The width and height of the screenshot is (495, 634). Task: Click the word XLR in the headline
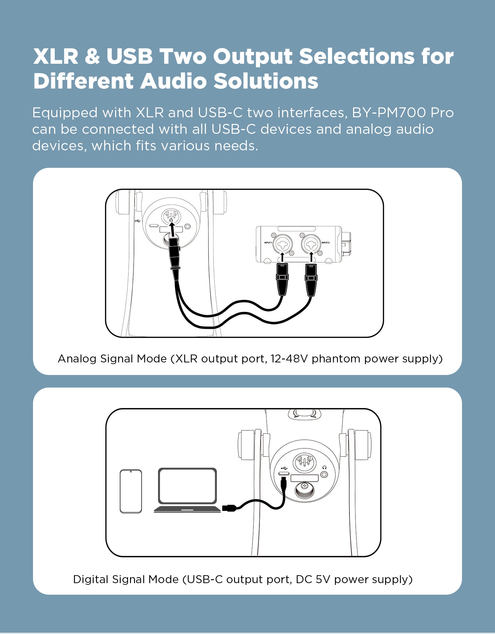coord(56,56)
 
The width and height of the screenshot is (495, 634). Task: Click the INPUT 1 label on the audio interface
coord(268,242)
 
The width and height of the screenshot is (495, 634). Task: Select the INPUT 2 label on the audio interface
coord(325,242)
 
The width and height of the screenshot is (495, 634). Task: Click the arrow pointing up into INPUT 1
coord(282,257)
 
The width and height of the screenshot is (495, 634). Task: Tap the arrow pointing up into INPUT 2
coord(311,257)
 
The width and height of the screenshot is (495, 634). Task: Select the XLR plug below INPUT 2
coord(311,279)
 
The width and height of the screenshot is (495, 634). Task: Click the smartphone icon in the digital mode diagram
coord(131,491)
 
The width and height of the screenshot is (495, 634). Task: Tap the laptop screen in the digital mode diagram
coord(187,485)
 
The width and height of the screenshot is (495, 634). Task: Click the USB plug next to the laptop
coord(229,508)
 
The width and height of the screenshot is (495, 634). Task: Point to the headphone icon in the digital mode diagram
coord(324,467)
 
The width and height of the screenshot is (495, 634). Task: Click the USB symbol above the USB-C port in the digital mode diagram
coord(284,468)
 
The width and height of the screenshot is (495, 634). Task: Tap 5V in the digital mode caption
coord(323,579)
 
